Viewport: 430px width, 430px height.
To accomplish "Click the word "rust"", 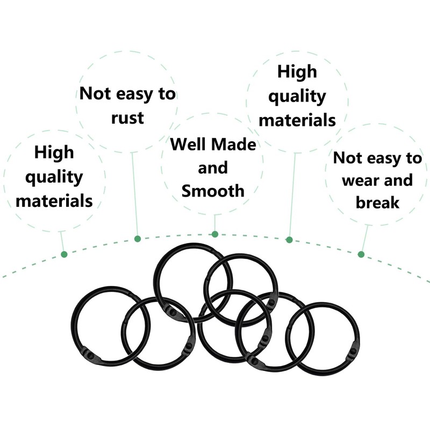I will pyautogui.click(x=127, y=117).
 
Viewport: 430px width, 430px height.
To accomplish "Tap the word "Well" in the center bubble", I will pyautogui.click(x=187, y=144).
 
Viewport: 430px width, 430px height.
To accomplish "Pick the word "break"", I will pyautogui.click(x=377, y=203).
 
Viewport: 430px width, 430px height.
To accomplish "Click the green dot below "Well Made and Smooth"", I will pyautogui.click(x=214, y=234).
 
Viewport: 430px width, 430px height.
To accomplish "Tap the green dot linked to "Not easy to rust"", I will pyautogui.click(x=137, y=238).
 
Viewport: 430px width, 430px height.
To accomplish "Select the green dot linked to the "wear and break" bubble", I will pyautogui.click(x=361, y=254).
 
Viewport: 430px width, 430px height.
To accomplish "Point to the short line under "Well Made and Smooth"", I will pyautogui.click(x=214, y=223).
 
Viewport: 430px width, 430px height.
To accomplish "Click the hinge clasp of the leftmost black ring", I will pyautogui.click(x=90, y=355).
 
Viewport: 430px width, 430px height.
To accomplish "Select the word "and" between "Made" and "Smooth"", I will pyautogui.click(x=213, y=167).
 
